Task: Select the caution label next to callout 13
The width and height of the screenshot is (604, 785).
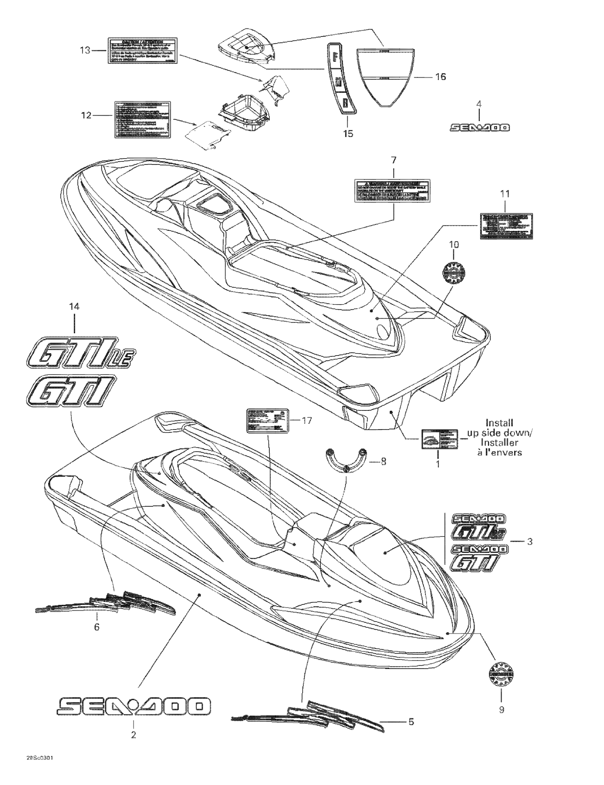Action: coord(142,51)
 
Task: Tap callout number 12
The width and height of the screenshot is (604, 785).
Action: coord(86,115)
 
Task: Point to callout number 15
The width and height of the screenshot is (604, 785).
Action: coord(348,134)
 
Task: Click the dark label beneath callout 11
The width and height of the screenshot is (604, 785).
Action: coord(506,226)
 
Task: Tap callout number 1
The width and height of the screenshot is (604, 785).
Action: coord(438,464)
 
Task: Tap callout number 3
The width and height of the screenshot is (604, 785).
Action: coord(530,542)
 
